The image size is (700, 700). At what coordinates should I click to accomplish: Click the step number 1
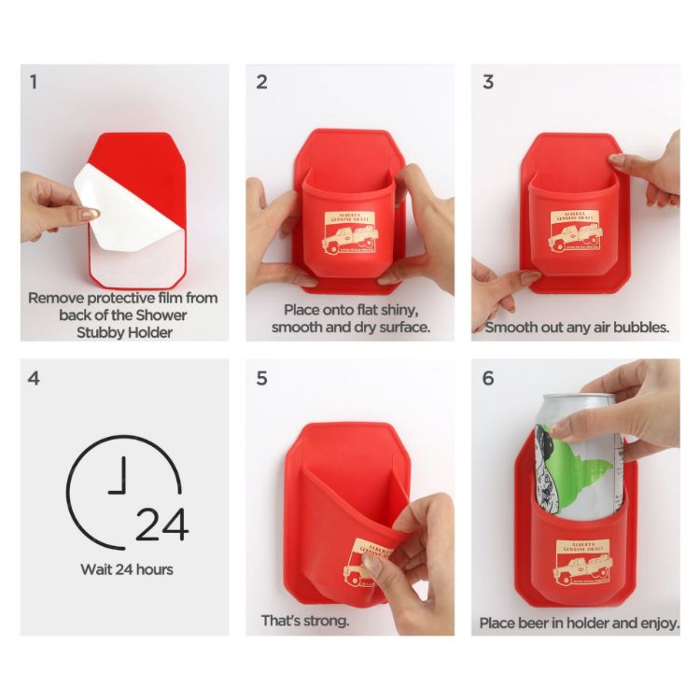pyautogui.click(x=34, y=82)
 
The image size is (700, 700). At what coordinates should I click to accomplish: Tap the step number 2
pyautogui.click(x=261, y=82)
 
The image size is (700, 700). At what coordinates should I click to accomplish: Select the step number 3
pyautogui.click(x=487, y=82)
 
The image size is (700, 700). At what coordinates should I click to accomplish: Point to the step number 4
pyautogui.click(x=34, y=379)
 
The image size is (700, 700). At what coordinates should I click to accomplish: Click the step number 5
pyautogui.click(x=261, y=379)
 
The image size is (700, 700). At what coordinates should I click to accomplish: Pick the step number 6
pyautogui.click(x=487, y=379)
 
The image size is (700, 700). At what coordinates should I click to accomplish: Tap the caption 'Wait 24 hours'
pyautogui.click(x=126, y=569)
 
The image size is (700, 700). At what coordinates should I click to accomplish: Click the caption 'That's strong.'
pyautogui.click(x=305, y=621)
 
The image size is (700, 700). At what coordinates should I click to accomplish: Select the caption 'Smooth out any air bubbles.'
pyautogui.click(x=577, y=328)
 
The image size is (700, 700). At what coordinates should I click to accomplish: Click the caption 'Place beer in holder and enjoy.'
pyautogui.click(x=579, y=623)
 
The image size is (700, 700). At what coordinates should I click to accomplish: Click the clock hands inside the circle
pyautogui.click(x=118, y=481)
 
